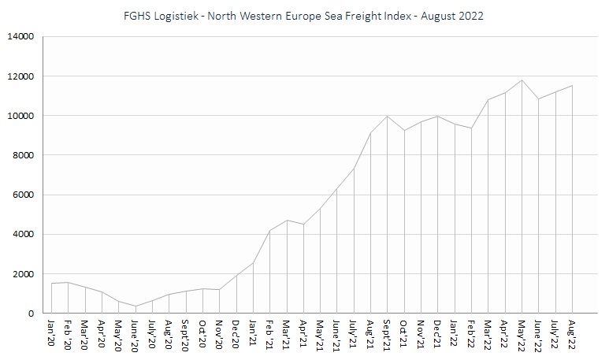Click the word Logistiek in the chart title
point(182,16)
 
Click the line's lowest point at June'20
point(136,306)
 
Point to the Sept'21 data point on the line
point(388,117)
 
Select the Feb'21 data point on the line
point(270,231)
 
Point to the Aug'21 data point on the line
point(371,133)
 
